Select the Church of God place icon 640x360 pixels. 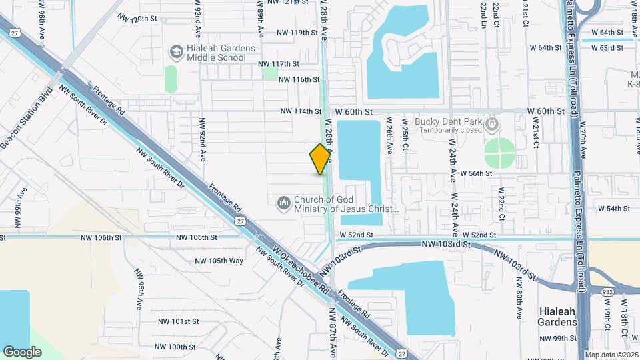coord(284,202)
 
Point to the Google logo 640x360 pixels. coord(22,351)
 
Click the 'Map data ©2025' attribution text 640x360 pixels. coord(611,355)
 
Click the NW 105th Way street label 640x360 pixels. coord(219,261)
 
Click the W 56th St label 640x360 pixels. coord(472,173)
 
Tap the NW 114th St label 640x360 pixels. coord(300,111)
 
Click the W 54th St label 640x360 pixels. coord(614,209)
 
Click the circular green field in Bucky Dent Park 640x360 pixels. coord(499,153)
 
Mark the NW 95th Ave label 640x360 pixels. coord(139,289)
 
